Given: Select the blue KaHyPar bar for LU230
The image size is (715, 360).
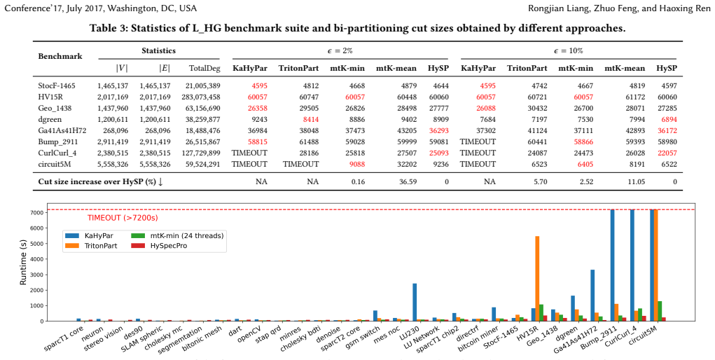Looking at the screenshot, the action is point(415,302).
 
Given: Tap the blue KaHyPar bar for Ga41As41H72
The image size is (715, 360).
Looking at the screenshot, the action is point(592,295).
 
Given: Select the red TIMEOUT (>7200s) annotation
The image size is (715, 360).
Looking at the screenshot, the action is point(123,218).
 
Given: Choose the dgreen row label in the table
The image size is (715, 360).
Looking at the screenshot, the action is point(50,120).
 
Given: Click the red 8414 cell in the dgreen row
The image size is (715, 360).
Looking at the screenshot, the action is point(310,120).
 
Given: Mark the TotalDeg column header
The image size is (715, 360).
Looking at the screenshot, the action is point(204,69).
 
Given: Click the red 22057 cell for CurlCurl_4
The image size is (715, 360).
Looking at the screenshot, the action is point(666,153).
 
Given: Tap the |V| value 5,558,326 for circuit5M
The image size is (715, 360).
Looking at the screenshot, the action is point(113,163).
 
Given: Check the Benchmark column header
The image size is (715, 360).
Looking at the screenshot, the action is point(60,57).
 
